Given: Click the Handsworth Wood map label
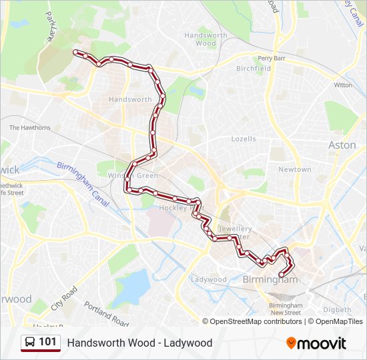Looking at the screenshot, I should [x=206, y=39].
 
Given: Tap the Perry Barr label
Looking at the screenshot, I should [x=272, y=58].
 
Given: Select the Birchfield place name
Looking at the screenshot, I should [x=253, y=69].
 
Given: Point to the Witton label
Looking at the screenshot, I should [x=343, y=85].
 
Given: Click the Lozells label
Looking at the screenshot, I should [x=243, y=139].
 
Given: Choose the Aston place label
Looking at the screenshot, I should [x=342, y=145].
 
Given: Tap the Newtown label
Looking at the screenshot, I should [x=294, y=170].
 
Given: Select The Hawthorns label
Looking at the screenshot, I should [x=29, y=127].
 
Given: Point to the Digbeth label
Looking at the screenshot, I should [x=337, y=310].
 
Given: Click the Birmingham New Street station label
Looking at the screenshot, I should [x=285, y=309].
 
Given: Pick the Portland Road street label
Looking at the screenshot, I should [x=106, y=313].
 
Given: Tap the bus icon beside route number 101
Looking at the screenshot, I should [x=30, y=343].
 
